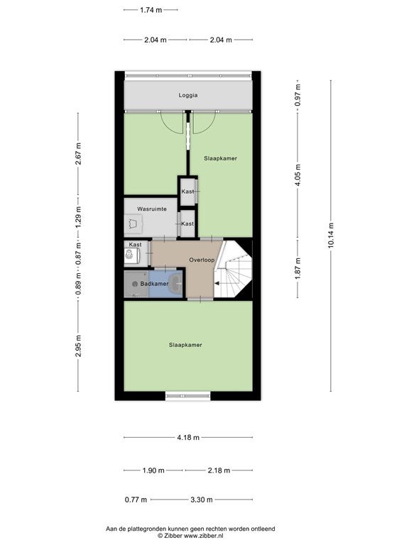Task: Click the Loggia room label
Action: pos(188,95)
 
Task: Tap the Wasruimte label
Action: pos(152,209)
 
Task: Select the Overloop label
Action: pos(202,260)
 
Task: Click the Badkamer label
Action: pos(154,284)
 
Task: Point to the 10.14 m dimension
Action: pos(330,235)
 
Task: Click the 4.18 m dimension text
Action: pos(188,437)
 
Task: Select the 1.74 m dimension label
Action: pos(151,10)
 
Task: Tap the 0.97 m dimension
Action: pos(298,95)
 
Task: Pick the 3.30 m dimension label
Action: pos(202,500)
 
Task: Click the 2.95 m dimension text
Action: pos(78,346)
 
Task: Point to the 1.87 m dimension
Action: pos(298,269)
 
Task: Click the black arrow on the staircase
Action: pos(217,284)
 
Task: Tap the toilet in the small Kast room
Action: pos(129,255)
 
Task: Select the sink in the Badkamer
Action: pos(176,283)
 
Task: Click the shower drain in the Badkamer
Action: pos(135,284)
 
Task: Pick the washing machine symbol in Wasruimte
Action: pos(133,224)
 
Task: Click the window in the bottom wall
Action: pos(187,396)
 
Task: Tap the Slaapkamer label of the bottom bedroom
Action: pos(185,345)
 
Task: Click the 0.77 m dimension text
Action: pos(136,500)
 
